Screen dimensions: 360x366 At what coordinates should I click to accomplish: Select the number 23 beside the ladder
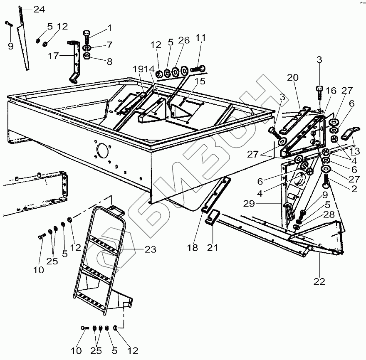pyautogui.click(x=151, y=249)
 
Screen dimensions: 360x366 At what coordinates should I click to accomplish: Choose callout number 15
pyautogui.click(x=200, y=81)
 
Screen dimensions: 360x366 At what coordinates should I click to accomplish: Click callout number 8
pyautogui.click(x=109, y=62)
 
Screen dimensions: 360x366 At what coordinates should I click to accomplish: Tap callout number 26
pyautogui.click(x=183, y=40)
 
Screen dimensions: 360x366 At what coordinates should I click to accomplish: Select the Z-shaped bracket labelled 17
pyautogui.click(x=75, y=62)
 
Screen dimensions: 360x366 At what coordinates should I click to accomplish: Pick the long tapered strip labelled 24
pyautogui.click(x=23, y=46)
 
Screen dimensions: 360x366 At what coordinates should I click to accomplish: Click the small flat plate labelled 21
pyautogui.click(x=212, y=217)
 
